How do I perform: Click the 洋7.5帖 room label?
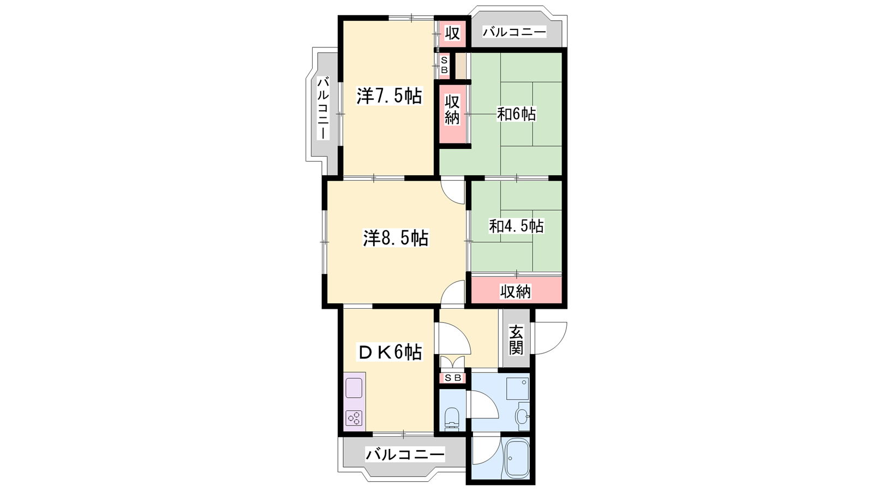tap(390, 96)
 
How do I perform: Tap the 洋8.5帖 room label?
tap(396, 238)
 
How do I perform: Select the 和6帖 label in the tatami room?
tap(516, 114)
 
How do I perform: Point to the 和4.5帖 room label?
tap(516, 226)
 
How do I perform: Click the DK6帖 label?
tap(390, 352)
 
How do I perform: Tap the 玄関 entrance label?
tap(516, 340)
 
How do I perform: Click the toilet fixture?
tap(452, 418)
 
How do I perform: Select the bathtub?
tap(517, 459)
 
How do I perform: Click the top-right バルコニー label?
tap(515, 32)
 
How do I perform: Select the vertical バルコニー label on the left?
tap(322, 108)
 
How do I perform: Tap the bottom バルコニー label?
tap(405, 454)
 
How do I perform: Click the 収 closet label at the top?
tap(452, 33)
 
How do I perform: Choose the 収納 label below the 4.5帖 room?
tap(516, 291)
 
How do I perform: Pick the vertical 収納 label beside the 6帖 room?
tap(452, 110)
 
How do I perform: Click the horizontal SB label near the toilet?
tap(452, 378)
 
